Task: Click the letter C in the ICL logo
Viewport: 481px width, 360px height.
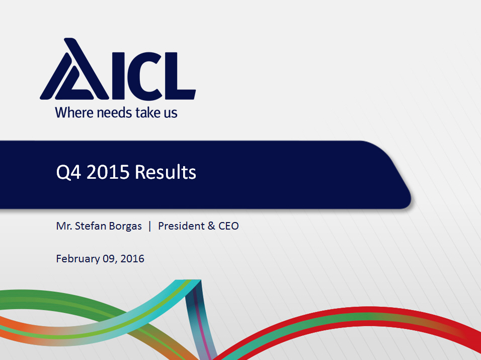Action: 145,76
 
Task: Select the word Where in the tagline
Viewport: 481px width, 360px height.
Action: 74,112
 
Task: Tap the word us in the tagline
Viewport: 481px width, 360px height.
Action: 171,114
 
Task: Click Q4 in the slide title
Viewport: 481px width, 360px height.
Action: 69,172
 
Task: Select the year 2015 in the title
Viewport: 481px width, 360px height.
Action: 108,172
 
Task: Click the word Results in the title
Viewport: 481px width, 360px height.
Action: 166,172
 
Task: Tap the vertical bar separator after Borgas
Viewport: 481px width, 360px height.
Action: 150,226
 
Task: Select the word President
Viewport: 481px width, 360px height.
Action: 181,226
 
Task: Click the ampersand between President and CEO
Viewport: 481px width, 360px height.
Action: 211,226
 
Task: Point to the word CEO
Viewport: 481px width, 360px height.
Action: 228,226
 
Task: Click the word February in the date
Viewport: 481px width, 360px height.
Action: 78,259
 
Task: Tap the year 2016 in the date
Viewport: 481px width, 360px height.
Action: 132,259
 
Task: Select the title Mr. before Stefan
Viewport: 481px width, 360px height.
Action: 64,226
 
